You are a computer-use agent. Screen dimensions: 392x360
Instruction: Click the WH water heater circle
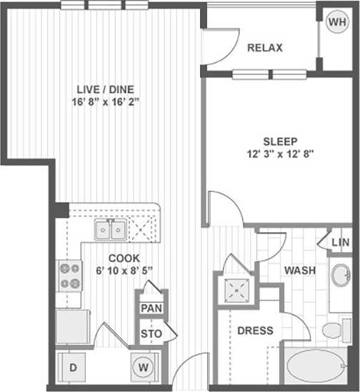click(336, 22)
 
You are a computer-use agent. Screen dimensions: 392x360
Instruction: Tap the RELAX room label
click(265, 48)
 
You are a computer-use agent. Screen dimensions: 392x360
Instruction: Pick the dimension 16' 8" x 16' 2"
click(105, 101)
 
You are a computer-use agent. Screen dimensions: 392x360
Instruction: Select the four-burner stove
click(69, 276)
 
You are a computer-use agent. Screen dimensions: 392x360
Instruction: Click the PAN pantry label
click(150, 308)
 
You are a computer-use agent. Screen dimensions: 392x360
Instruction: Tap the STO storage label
click(150, 333)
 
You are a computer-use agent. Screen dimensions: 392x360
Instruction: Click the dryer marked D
click(74, 367)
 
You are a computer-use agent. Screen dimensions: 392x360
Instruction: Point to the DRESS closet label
click(255, 331)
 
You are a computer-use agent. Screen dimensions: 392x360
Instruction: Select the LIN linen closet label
click(341, 243)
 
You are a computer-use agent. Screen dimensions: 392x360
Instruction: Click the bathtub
click(316, 368)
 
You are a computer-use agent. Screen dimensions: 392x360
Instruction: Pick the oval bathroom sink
click(341, 275)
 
